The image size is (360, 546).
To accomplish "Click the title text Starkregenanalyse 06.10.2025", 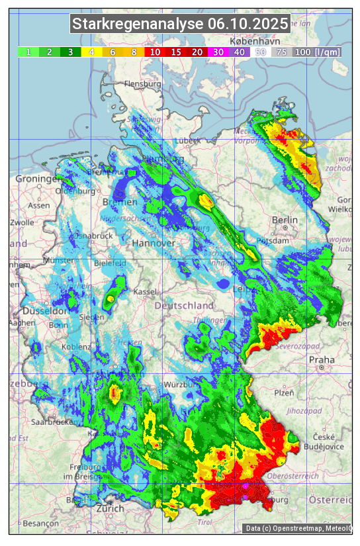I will click(x=180, y=24).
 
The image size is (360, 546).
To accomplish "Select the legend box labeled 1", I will click(x=28, y=52).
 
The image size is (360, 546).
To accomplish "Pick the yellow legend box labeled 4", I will click(x=92, y=52).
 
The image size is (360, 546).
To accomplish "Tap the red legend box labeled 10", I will click(x=156, y=52).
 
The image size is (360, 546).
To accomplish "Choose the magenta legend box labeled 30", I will click(x=218, y=52).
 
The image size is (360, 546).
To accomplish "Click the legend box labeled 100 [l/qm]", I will click(x=318, y=52).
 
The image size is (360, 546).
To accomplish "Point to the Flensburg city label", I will click(x=142, y=85).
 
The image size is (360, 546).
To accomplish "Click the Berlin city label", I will click(x=285, y=220).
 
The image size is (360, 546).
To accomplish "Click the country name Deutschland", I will click(x=184, y=306).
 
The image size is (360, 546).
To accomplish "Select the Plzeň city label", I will click(x=284, y=392).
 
